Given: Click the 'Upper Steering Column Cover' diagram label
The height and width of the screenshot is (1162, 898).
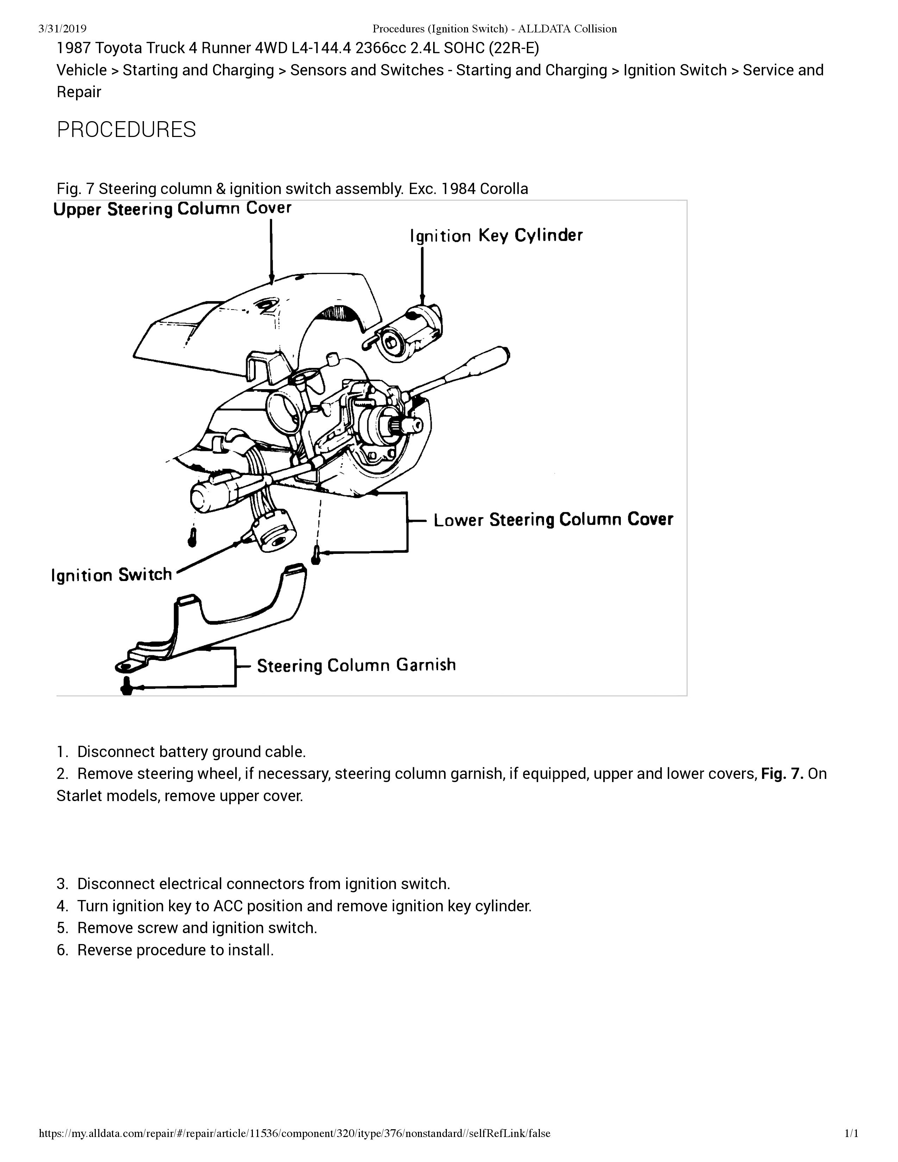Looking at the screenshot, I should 172,208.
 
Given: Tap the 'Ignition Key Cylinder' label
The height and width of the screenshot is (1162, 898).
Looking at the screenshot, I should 496,236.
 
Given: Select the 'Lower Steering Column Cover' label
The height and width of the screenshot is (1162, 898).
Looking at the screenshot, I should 553,520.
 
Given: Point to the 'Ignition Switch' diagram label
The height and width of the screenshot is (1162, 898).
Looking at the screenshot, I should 112,575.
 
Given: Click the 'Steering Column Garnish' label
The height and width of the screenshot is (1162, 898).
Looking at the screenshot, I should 356,665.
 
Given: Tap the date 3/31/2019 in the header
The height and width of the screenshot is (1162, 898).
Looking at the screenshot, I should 63,29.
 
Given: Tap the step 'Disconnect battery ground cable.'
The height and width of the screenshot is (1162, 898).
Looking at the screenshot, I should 192,752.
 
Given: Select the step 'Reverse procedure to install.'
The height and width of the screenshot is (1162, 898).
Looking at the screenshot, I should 176,950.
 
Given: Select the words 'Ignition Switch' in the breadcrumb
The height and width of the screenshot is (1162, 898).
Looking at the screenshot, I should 675,70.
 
